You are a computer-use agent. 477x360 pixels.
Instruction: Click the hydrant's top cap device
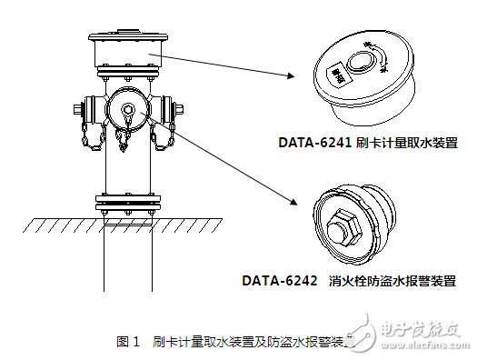tap(126, 53)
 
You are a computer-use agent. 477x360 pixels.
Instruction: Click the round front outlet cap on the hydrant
tap(127, 112)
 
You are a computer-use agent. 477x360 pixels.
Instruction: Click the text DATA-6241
tap(313, 143)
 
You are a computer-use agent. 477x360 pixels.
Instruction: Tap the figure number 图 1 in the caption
tap(128, 342)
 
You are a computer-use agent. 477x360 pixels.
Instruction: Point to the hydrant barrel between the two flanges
tap(126, 168)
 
